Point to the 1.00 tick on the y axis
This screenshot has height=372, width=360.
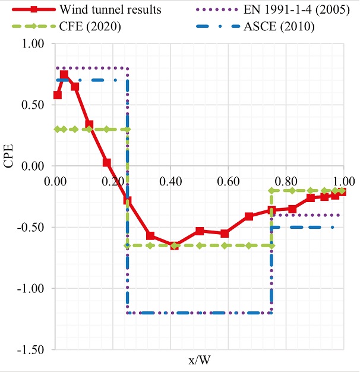click(x=33, y=45)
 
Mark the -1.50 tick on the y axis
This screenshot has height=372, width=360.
click(x=31, y=350)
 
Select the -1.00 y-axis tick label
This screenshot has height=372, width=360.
click(x=31, y=289)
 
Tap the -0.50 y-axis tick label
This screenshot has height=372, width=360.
click(x=31, y=228)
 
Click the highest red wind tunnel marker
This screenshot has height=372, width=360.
click(x=64, y=75)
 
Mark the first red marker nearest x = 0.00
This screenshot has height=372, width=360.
click(x=58, y=95)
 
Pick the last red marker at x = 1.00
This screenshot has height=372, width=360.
click(x=342, y=191)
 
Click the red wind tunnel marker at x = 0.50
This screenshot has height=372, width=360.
click(x=200, y=231)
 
